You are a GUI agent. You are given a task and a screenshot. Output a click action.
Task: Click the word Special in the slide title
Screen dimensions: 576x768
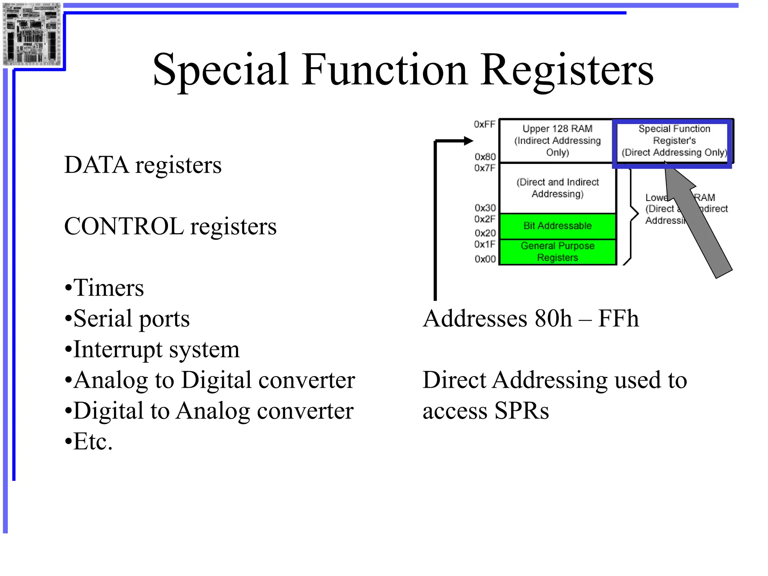tap(220, 70)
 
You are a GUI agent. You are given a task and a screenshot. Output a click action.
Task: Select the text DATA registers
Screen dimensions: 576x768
tap(143, 165)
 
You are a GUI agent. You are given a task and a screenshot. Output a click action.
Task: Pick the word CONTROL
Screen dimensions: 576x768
tap(124, 226)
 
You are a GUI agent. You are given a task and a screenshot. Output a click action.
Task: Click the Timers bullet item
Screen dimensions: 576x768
tap(105, 288)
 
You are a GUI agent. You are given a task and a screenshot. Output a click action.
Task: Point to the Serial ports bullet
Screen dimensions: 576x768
tap(127, 319)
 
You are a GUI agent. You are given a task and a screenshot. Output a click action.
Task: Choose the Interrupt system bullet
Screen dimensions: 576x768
tap(152, 349)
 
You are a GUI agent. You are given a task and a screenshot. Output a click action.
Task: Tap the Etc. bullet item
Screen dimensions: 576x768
tap(89, 441)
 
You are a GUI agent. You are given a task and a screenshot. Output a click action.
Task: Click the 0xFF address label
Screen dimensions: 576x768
tap(484, 124)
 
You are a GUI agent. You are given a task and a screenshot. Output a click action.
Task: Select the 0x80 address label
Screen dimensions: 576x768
tap(485, 156)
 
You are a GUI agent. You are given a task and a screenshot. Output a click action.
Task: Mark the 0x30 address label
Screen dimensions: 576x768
tap(485, 208)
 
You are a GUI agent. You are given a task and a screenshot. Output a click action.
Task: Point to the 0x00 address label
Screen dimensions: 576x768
tap(485, 259)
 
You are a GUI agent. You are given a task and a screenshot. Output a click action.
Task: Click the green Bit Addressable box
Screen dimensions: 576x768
tap(558, 226)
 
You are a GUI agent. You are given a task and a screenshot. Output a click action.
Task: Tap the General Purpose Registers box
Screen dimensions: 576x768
tap(558, 252)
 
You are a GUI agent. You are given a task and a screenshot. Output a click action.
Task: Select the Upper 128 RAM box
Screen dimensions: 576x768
tap(557, 141)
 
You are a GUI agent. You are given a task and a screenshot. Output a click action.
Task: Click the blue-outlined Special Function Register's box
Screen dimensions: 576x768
tap(674, 141)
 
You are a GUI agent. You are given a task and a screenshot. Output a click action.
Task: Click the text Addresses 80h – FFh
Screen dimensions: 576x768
tap(531, 319)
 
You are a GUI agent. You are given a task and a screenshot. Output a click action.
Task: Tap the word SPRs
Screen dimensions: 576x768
tap(521, 411)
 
